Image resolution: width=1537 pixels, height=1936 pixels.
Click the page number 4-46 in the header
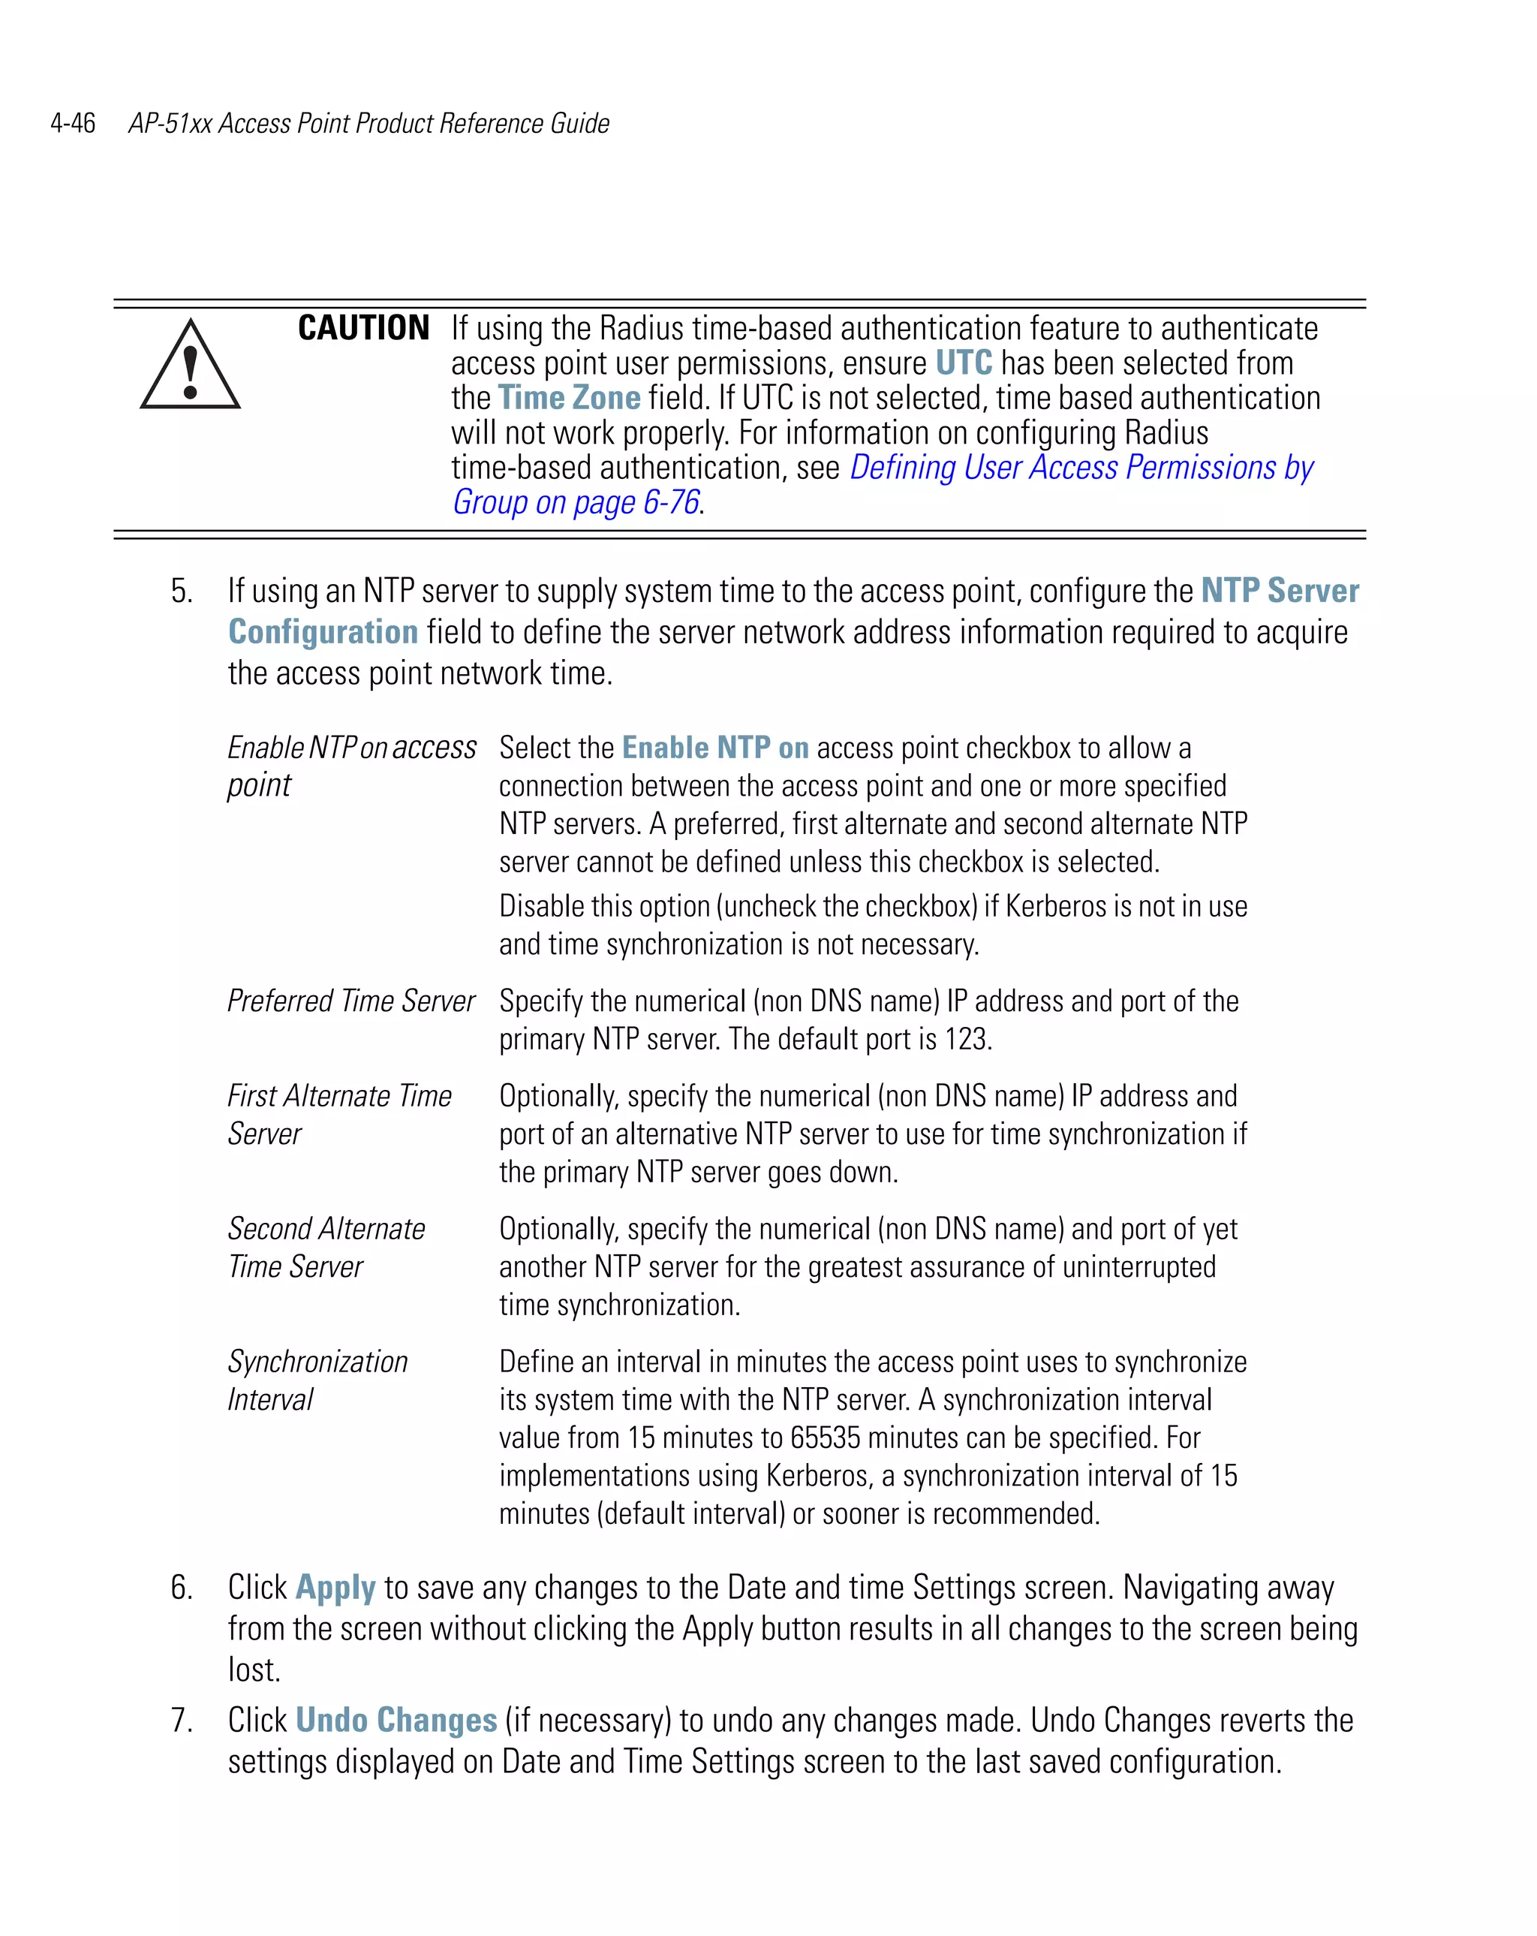pyautogui.click(x=73, y=123)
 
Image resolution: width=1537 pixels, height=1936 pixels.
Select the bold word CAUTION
pyautogui.click(x=362, y=329)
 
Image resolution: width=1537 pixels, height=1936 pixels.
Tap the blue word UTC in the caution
pyautogui.click(x=964, y=363)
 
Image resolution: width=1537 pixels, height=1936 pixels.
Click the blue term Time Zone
pyautogui.click(x=569, y=398)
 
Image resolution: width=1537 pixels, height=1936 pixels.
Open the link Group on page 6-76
pyautogui.click(x=576, y=503)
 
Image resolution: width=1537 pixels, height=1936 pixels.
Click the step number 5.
pyautogui.click(x=182, y=592)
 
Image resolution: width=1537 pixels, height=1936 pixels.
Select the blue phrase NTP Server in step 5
pyautogui.click(x=1280, y=591)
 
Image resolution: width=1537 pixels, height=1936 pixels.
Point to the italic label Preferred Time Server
pyautogui.click(x=351, y=1001)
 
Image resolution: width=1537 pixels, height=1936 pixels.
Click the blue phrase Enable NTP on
pyautogui.click(x=714, y=748)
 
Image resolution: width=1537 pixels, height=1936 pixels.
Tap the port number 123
pyautogui.click(x=966, y=1040)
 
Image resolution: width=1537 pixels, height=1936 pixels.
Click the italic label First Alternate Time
pyautogui.click(x=339, y=1097)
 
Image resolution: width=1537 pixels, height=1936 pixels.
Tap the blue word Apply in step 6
pyautogui.click(x=335, y=1588)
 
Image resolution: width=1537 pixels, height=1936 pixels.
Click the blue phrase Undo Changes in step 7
pyautogui.click(x=396, y=1721)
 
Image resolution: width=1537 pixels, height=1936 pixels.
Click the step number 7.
pyautogui.click(x=182, y=1721)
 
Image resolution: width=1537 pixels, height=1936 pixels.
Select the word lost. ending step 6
pyautogui.click(x=254, y=1671)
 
